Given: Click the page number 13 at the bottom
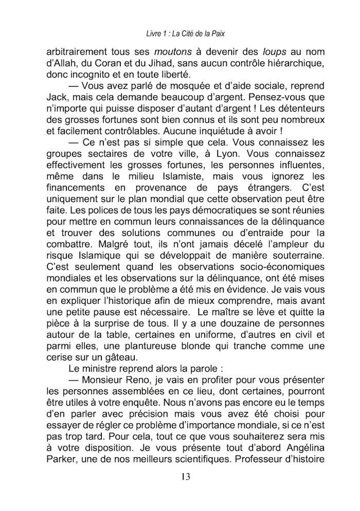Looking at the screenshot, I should click(x=186, y=477).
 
